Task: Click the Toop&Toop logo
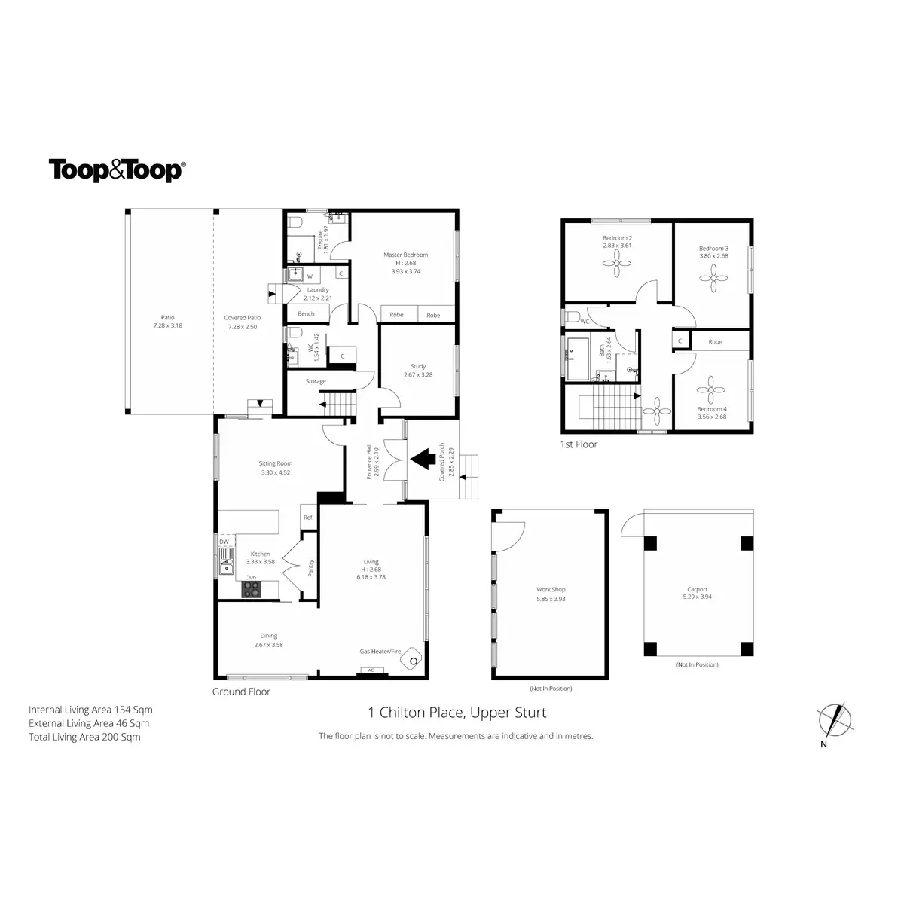[116, 170]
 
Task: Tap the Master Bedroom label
[405, 255]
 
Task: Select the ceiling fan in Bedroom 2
[616, 263]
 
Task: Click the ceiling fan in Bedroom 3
[713, 279]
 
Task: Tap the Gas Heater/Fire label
[381, 650]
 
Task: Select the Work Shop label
[550, 590]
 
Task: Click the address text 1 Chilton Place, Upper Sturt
[457, 713]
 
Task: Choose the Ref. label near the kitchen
[308, 518]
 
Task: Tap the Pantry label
[310, 567]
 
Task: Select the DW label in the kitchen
[224, 542]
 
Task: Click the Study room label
[418, 367]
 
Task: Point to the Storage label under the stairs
[316, 381]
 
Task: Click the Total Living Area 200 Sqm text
[84, 737]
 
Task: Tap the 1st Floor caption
[579, 444]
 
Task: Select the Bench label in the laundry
[306, 313]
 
